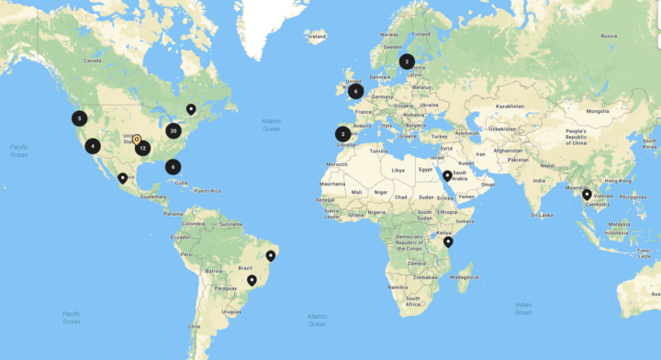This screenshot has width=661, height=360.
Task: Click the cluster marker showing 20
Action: [x=173, y=130]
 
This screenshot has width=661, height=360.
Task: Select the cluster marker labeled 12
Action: [x=142, y=147]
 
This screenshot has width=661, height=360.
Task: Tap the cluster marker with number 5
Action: [x=80, y=118]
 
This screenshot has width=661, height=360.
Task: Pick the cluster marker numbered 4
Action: [x=93, y=145]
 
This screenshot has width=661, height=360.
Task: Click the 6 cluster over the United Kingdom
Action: [x=355, y=91]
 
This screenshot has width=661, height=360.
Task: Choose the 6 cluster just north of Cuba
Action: [x=173, y=167]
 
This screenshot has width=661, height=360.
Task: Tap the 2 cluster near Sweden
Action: [x=406, y=62]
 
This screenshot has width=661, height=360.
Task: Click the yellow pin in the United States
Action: [x=136, y=140]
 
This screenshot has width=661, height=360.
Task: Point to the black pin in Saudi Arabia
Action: [x=447, y=175]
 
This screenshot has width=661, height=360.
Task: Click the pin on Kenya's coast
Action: [x=448, y=242]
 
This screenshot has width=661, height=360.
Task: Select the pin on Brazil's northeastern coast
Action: [x=271, y=255]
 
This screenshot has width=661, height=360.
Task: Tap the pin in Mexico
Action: [x=122, y=178]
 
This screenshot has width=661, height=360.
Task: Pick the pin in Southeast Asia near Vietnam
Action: [x=587, y=194]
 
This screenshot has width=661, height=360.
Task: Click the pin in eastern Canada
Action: [x=191, y=109]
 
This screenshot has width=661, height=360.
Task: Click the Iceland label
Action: [x=317, y=37]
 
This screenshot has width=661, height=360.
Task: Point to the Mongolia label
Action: [x=598, y=111]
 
